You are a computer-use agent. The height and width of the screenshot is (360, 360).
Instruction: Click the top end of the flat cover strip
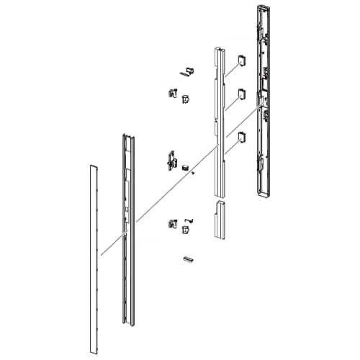[x=92, y=168]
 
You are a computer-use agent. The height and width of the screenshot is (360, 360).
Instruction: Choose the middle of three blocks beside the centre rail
[x=241, y=94]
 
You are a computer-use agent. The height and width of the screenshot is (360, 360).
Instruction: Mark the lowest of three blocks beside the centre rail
[x=241, y=137]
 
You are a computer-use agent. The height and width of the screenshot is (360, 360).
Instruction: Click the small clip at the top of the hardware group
[x=189, y=71]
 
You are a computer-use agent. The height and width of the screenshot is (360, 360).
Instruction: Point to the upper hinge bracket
[x=172, y=94]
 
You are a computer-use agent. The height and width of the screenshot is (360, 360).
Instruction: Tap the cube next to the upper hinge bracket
[x=186, y=98]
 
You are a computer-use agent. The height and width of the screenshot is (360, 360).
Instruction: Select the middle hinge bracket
[x=171, y=159]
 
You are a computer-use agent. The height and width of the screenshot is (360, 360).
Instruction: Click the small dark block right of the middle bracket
[x=185, y=166]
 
